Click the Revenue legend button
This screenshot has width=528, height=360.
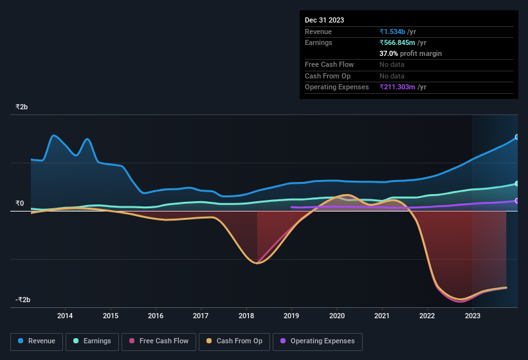[x=37, y=341]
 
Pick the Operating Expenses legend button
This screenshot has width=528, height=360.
[x=318, y=341]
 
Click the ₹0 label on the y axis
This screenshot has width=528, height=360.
[x=19, y=204]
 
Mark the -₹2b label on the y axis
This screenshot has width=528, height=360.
[x=23, y=300]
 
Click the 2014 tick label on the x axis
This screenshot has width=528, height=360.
[x=65, y=316]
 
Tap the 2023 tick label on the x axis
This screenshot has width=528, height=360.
[x=473, y=316]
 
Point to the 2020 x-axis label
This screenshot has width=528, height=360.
[x=336, y=316]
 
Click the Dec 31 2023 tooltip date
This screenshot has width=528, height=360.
[x=324, y=20]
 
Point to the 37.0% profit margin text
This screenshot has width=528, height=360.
[x=410, y=53]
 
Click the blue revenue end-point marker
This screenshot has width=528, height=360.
[x=516, y=138]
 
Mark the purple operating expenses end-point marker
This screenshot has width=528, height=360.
[x=516, y=201]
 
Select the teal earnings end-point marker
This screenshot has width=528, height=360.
[x=516, y=184]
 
